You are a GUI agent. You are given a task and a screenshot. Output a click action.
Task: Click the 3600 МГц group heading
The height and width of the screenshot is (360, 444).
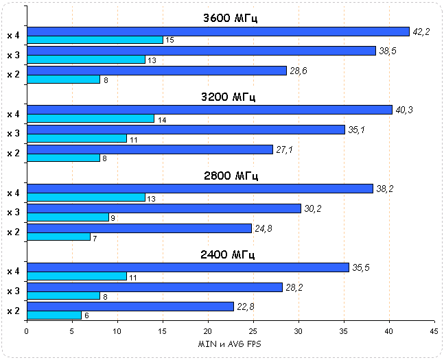coord(230,19)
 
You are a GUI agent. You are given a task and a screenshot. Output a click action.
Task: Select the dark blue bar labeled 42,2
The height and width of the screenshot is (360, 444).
coord(218,31)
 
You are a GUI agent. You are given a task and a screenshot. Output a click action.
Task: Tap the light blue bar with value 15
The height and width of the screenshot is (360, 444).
coord(95,40)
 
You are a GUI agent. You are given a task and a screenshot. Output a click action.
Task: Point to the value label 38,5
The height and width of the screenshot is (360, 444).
coord(390,51)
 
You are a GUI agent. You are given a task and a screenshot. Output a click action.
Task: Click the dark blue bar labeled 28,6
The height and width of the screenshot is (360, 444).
coord(156,71)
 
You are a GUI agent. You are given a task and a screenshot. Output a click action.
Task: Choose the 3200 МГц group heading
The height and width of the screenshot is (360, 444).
coord(230,97)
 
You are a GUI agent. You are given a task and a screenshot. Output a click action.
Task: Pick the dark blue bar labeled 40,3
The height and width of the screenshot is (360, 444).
coord(209,110)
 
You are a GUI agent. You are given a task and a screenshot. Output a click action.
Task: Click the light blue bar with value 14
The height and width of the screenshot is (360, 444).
coord(90,119)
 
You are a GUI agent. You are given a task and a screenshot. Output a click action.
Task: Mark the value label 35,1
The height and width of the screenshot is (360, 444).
coord(360,130)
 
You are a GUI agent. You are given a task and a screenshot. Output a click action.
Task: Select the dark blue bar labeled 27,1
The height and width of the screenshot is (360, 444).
coord(150,149)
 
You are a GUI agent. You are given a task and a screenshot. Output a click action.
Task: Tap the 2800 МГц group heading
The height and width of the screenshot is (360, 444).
coord(230,176)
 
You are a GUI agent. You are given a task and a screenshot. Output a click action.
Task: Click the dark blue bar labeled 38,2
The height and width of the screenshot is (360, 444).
coord(200,189)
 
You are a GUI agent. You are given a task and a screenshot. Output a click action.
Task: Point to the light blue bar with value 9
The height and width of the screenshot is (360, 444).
coord(67,217)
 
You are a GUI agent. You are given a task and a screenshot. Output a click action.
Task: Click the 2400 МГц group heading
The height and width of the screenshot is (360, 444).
coord(230,255)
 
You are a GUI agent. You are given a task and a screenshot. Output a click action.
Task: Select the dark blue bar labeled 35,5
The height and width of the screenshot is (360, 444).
coord(187,267)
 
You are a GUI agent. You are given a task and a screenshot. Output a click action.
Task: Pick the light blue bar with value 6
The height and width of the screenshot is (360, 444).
coord(54,315)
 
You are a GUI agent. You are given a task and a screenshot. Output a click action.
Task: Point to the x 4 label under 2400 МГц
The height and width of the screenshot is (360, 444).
coord(13,272)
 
